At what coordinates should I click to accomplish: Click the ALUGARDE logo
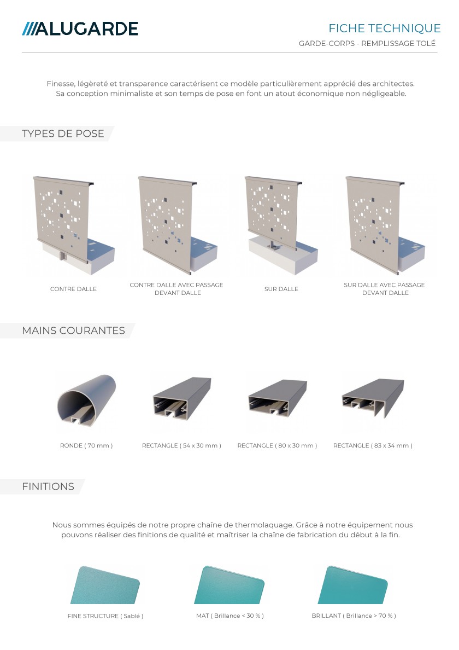tap(80, 29)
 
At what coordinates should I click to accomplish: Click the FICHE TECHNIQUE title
tap(385, 28)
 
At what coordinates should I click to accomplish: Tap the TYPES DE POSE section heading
tap(63, 134)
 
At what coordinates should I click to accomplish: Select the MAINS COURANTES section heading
tap(73, 330)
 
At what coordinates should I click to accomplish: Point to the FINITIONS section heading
tap(48, 486)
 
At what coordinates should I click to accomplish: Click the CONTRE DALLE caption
tap(73, 289)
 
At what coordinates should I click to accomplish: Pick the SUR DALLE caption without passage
tap(281, 289)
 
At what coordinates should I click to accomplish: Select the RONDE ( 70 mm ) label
tap(86, 445)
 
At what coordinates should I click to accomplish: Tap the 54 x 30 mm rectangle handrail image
tap(182, 398)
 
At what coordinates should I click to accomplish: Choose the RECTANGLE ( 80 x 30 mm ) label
tap(277, 445)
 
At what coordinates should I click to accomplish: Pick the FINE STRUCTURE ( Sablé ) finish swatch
tap(105, 585)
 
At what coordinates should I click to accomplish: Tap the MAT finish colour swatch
tap(229, 585)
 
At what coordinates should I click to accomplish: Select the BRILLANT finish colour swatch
tap(352, 585)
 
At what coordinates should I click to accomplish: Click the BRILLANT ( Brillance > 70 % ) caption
tap(354, 616)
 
